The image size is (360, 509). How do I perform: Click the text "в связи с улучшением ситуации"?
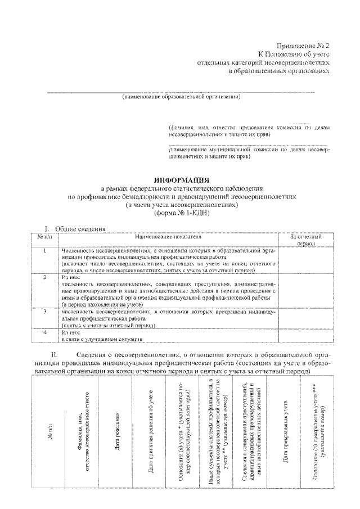coord(102,339)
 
